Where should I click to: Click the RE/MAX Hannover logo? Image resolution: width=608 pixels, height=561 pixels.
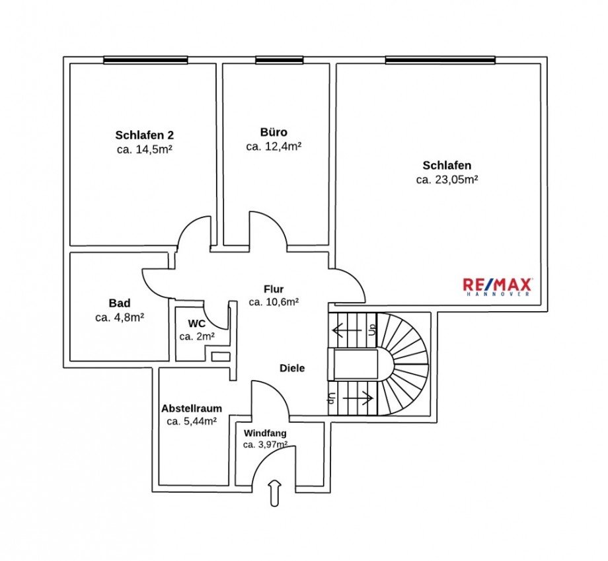(497, 287)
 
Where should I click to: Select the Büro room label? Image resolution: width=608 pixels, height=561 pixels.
(274, 132)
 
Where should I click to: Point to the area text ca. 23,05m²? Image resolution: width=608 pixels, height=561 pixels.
(447, 179)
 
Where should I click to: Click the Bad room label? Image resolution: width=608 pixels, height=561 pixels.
(120, 303)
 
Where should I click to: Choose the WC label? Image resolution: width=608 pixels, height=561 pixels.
(197, 324)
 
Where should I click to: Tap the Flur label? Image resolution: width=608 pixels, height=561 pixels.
(274, 289)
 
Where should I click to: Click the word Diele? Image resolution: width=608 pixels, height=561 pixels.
(292, 368)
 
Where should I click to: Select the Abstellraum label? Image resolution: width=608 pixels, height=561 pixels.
(192, 408)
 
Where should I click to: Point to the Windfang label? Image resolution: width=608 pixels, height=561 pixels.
(265, 433)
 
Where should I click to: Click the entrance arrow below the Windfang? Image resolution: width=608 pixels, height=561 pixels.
(275, 494)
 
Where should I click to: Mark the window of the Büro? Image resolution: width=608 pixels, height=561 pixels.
(278, 60)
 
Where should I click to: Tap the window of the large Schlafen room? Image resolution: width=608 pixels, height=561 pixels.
(440, 60)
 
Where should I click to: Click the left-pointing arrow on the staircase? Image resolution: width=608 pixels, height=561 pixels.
(347, 328)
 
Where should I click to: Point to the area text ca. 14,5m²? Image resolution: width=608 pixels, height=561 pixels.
(144, 149)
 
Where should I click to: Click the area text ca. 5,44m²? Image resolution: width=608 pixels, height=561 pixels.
(192, 421)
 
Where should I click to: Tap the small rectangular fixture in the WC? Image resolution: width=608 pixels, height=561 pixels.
(221, 357)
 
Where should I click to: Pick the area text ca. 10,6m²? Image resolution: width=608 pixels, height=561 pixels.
(274, 302)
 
